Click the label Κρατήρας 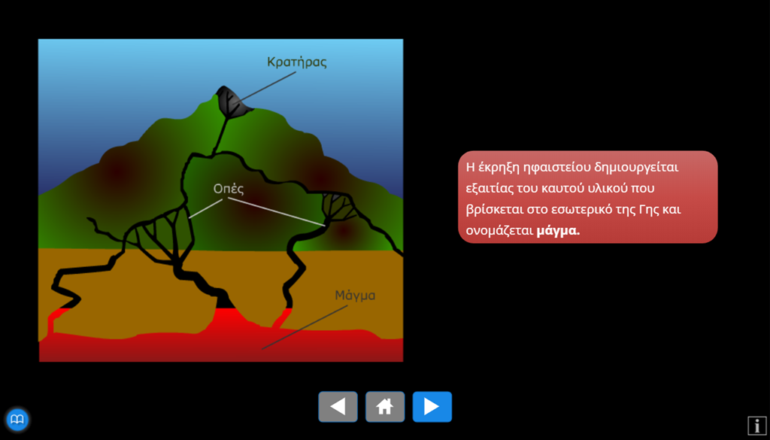pos(296,62)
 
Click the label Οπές pos(229,189)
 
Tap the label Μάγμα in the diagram pos(355,296)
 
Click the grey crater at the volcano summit pos(233,102)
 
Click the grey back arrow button pos(338,407)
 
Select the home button pos(385,407)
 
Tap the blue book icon pos(18,420)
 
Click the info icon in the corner pos(756,425)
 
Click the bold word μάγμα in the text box pos(558,231)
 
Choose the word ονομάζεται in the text pos(499,231)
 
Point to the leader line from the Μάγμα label pos(305,327)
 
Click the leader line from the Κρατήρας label pos(265,88)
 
